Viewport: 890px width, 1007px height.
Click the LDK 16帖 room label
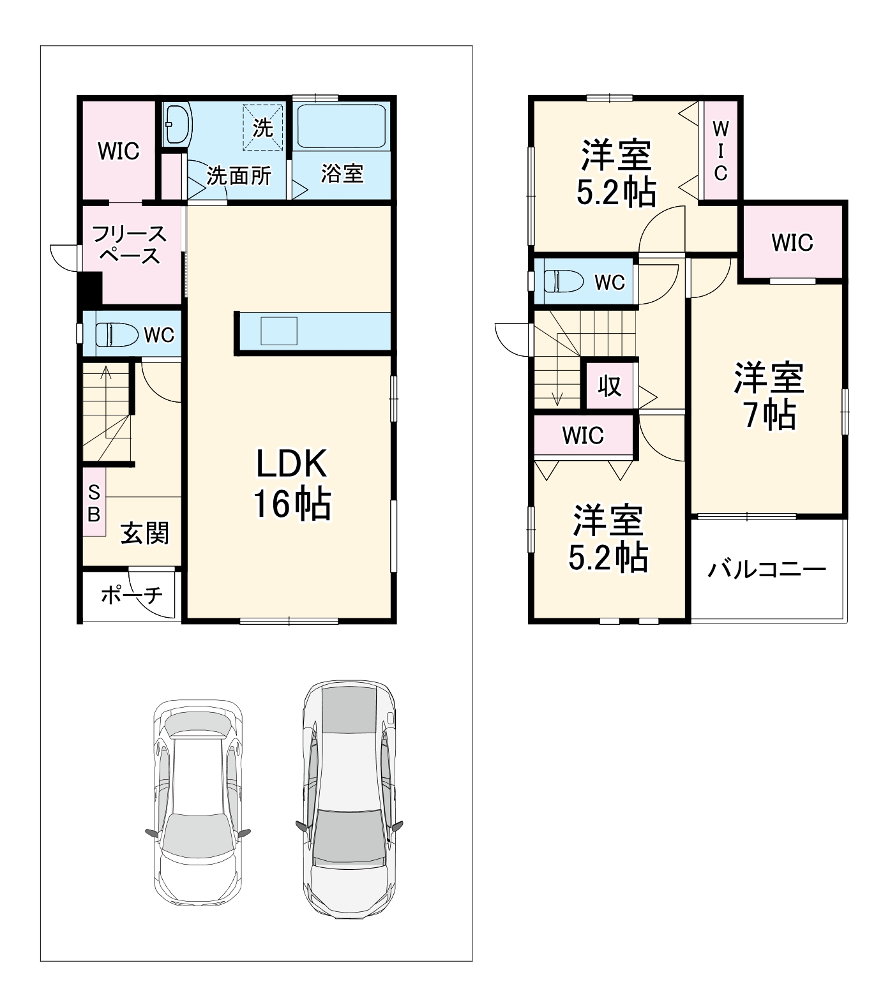pos(292,483)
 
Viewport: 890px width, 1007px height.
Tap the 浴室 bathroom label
pos(342,173)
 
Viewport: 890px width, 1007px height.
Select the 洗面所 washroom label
pos(239,175)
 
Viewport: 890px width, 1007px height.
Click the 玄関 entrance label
pos(145,533)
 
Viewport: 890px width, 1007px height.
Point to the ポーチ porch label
pos(132,595)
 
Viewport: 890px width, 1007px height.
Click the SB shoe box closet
pos(94,502)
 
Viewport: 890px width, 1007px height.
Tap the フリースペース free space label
pos(130,244)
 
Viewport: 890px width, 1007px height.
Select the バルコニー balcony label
pos(767,568)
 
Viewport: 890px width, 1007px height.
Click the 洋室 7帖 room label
pos(769,396)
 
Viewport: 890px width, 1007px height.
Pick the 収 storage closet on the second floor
pos(610,385)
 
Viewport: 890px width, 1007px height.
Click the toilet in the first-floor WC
pos(117,334)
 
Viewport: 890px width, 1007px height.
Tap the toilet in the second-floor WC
pos(564,281)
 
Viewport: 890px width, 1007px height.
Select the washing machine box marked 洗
pos(262,127)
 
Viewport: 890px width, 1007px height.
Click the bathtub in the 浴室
pos(342,126)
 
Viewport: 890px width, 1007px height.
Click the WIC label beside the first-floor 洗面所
pos(119,151)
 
